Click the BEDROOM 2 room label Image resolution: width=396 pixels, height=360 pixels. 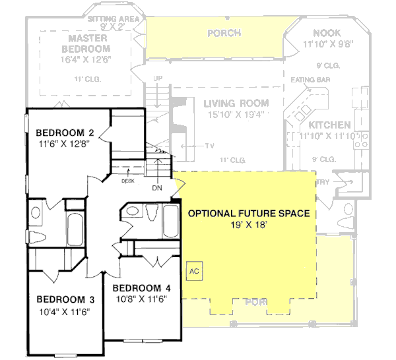63,130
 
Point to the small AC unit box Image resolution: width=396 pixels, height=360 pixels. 195,271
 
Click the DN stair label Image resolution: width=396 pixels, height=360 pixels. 157,187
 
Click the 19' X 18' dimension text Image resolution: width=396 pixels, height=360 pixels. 249,225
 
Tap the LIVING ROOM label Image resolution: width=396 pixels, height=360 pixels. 236,103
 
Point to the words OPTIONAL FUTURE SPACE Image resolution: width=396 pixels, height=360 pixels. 249,214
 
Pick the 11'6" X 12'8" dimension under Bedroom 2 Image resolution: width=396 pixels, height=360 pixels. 64,141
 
